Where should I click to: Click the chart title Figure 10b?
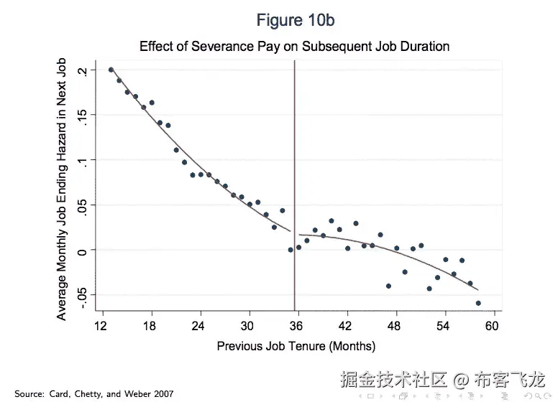(x=295, y=20)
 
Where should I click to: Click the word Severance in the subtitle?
(x=229, y=47)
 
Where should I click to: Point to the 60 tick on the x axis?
(x=493, y=326)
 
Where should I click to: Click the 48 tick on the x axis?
(x=395, y=326)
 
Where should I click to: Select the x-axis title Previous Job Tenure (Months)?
(x=296, y=346)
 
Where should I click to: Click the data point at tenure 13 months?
(x=111, y=70)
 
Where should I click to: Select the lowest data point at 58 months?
(x=478, y=303)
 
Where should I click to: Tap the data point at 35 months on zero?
(x=291, y=250)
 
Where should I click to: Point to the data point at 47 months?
(x=388, y=286)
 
